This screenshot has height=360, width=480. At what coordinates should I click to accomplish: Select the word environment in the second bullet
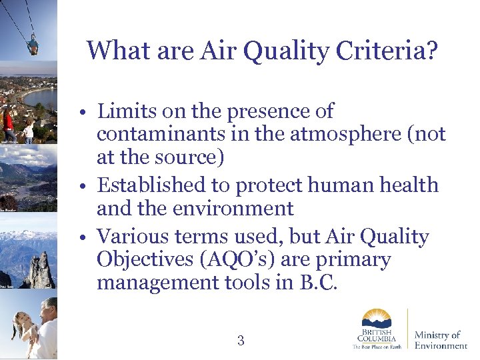click(233, 208)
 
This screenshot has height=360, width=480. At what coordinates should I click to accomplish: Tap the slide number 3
click(241, 341)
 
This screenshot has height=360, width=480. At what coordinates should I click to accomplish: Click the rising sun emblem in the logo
click(377, 318)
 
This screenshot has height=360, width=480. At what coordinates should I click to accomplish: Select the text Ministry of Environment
click(441, 339)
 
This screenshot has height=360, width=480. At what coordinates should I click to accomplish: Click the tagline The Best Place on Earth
click(377, 347)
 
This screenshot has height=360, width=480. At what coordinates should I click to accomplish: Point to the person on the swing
click(32, 45)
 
